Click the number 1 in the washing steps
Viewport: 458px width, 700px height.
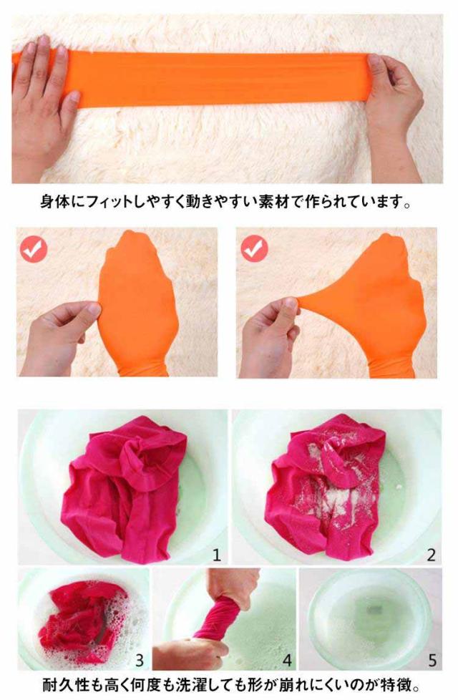[x=217, y=555]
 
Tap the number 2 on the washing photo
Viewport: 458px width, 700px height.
[x=431, y=555]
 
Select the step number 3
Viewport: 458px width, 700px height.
[x=140, y=660]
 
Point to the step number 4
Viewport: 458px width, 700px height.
[x=287, y=660]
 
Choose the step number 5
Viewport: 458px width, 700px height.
[x=432, y=660]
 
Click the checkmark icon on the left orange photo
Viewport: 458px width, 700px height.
[x=34, y=248]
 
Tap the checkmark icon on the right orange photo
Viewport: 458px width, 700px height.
[x=255, y=248]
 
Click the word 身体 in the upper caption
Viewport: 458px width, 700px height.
[x=55, y=203]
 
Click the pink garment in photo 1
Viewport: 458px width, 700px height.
[x=124, y=487]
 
